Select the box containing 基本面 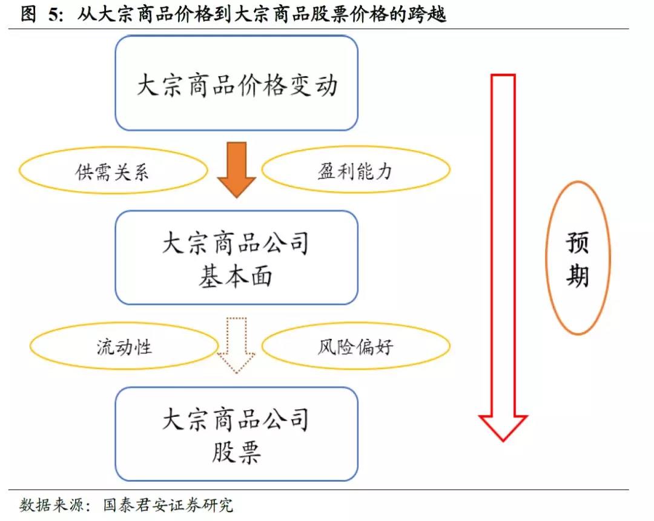[236, 257]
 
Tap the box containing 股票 [236, 434]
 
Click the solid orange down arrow [236, 169]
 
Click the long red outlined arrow [503, 254]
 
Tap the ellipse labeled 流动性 [124, 347]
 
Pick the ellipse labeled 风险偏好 [355, 347]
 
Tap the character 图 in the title [28, 15]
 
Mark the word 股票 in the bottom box [236, 452]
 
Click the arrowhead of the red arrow [503, 427]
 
